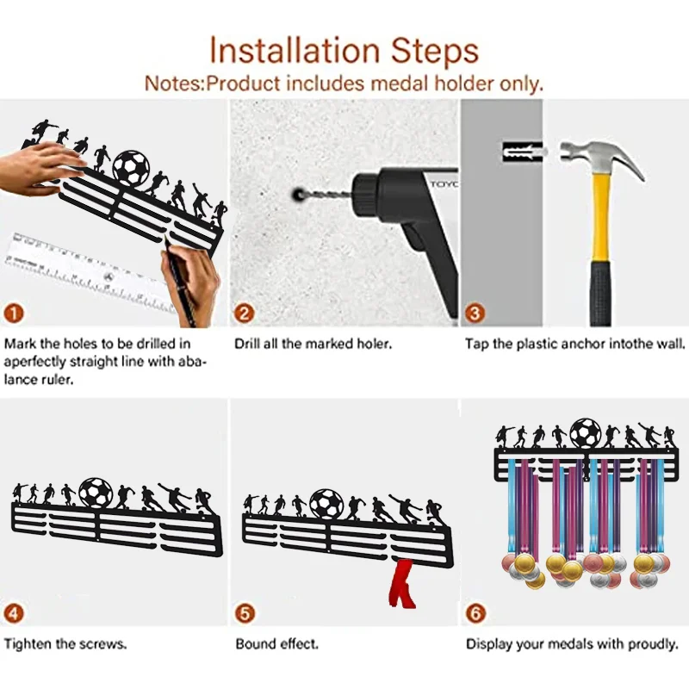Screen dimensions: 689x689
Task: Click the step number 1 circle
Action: pyautogui.click(x=14, y=313)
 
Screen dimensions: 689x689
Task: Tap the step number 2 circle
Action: pyautogui.click(x=245, y=313)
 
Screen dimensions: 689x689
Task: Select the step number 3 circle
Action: pyautogui.click(x=475, y=313)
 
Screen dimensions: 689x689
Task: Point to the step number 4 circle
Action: pyautogui.click(x=14, y=613)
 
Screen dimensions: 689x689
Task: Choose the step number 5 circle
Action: pyautogui.click(x=245, y=613)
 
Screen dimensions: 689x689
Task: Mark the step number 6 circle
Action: pyautogui.click(x=475, y=613)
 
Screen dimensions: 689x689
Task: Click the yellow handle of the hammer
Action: pyautogui.click(x=601, y=218)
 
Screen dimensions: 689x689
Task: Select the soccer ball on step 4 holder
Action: pyautogui.click(x=96, y=493)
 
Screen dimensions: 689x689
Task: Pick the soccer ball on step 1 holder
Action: pyautogui.click(x=131, y=168)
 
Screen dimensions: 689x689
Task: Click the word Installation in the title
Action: pyautogui.click(x=294, y=51)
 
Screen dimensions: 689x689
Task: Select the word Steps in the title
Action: pyautogui.click(x=434, y=53)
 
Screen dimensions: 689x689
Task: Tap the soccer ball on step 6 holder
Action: pyautogui.click(x=586, y=432)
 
